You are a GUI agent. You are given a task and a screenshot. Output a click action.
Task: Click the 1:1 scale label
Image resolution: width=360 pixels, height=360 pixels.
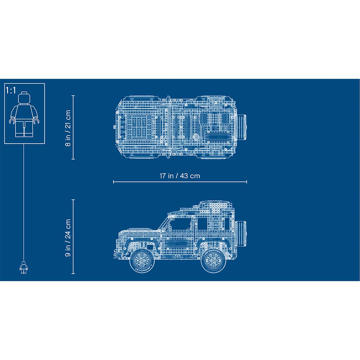(x=11, y=90)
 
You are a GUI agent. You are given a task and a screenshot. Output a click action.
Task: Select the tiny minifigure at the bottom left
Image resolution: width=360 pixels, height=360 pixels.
(x=24, y=267)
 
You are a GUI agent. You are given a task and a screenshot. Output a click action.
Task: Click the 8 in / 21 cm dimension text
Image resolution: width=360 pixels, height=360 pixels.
(x=67, y=127)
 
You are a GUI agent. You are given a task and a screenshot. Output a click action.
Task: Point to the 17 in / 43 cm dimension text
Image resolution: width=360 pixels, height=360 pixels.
(x=180, y=176)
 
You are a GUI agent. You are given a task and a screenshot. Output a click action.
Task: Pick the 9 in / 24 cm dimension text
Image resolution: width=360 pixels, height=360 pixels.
(x=67, y=237)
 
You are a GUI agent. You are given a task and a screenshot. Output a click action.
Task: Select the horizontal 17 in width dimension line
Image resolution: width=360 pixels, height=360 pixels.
(x=180, y=182)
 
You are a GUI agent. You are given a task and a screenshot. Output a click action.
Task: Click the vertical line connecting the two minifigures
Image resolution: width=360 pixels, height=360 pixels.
(x=24, y=202)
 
